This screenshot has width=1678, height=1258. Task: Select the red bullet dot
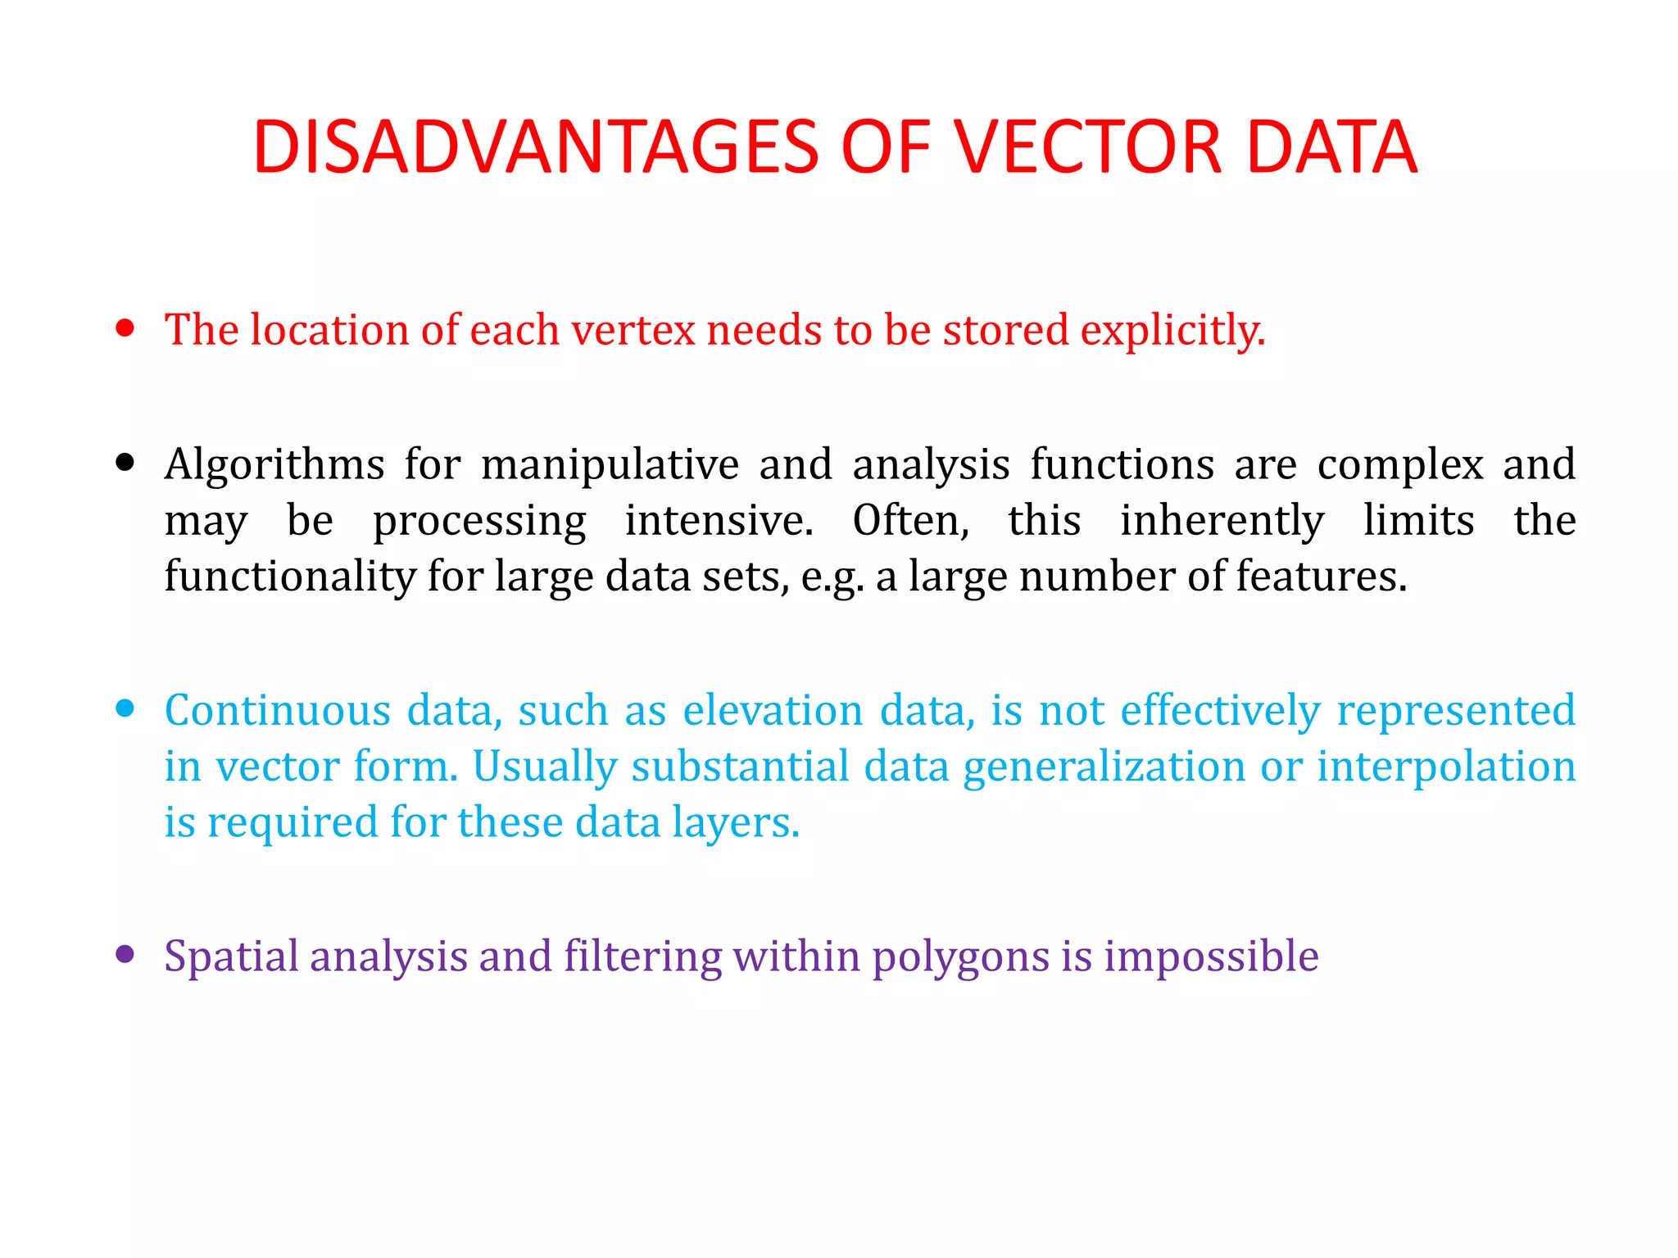point(125,328)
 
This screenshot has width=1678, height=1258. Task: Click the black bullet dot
point(125,463)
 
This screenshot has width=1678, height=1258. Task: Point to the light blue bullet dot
point(125,708)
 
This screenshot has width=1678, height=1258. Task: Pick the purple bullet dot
point(125,953)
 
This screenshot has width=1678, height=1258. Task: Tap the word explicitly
point(1172,332)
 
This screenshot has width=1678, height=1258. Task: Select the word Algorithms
point(274,465)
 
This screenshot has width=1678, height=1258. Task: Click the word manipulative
point(610,465)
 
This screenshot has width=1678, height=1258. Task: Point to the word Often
point(910,521)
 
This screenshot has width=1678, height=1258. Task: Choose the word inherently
point(1222,523)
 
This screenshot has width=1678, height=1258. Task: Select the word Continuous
point(277,710)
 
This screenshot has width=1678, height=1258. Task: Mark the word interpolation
point(1446,768)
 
